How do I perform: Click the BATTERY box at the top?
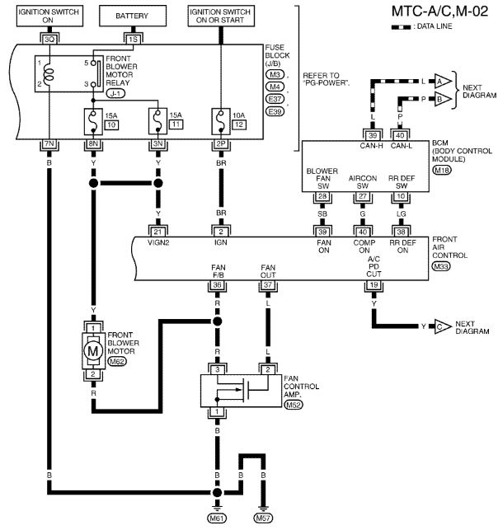point(133,16)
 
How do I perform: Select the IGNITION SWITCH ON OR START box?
point(221,16)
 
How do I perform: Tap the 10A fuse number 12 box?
point(239,124)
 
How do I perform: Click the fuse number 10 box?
point(111,124)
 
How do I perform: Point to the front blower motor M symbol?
point(93,351)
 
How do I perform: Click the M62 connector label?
point(116,361)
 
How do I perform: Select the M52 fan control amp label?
point(294,404)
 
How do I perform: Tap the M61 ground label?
point(217,518)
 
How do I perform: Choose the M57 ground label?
point(263,518)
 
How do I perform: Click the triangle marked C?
point(442,326)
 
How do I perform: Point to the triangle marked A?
point(442,81)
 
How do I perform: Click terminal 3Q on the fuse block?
point(49,40)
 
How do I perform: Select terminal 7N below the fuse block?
point(49,143)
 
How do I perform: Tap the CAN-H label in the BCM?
point(371,146)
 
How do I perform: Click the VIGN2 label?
point(158,242)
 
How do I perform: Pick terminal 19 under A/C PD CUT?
point(373,285)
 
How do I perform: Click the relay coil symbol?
point(49,73)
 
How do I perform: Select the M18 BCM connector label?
point(442,170)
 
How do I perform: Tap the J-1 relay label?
point(115,93)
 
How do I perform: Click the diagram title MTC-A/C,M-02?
point(439,12)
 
